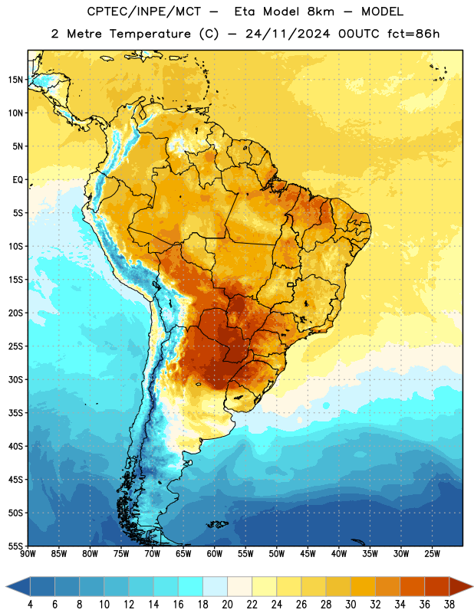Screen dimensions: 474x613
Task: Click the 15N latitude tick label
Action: (15, 80)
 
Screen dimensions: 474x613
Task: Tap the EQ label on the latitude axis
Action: (18, 180)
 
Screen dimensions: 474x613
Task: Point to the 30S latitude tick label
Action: (15, 379)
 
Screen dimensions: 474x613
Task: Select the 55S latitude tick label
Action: (15, 546)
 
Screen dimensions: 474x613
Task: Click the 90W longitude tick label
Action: (28, 554)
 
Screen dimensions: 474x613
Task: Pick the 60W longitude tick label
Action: (215, 554)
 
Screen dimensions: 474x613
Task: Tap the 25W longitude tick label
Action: (432, 554)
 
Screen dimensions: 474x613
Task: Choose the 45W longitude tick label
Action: (308, 554)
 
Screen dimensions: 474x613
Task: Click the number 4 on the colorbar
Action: (30, 605)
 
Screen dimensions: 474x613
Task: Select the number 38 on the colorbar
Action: (449, 605)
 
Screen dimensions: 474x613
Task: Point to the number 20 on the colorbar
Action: (227, 605)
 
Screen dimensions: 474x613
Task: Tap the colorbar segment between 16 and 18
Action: (191, 587)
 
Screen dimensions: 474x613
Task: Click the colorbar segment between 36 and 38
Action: (437, 587)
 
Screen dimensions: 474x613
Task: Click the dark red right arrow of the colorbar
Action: (460, 587)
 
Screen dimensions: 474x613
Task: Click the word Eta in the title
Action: (245, 11)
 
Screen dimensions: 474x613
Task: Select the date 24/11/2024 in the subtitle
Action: (288, 34)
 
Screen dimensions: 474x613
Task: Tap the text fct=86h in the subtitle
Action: (413, 34)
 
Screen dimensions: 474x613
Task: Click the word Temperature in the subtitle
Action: (150, 34)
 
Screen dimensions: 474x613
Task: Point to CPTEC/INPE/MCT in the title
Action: (144, 11)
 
